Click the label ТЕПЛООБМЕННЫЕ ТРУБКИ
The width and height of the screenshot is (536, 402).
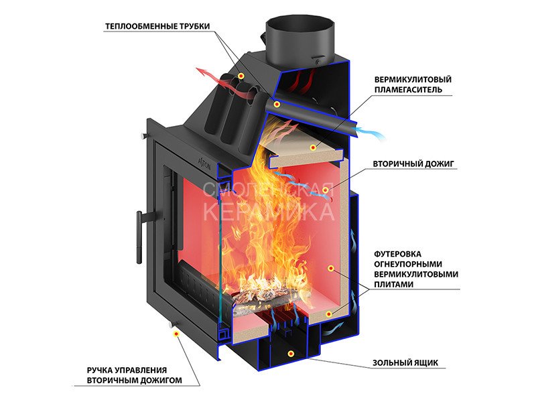pyautogui.click(x=157, y=27)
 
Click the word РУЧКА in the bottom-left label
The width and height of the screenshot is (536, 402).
pyautogui.click(x=102, y=370)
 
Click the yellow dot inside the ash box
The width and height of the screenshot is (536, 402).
pyautogui.click(x=290, y=352)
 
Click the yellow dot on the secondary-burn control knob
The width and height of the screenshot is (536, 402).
pyautogui.click(x=177, y=332)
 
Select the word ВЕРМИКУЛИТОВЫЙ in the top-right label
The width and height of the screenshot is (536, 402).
pyautogui.click(x=413, y=79)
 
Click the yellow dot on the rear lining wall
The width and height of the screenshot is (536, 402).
pyautogui.click(x=330, y=267)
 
